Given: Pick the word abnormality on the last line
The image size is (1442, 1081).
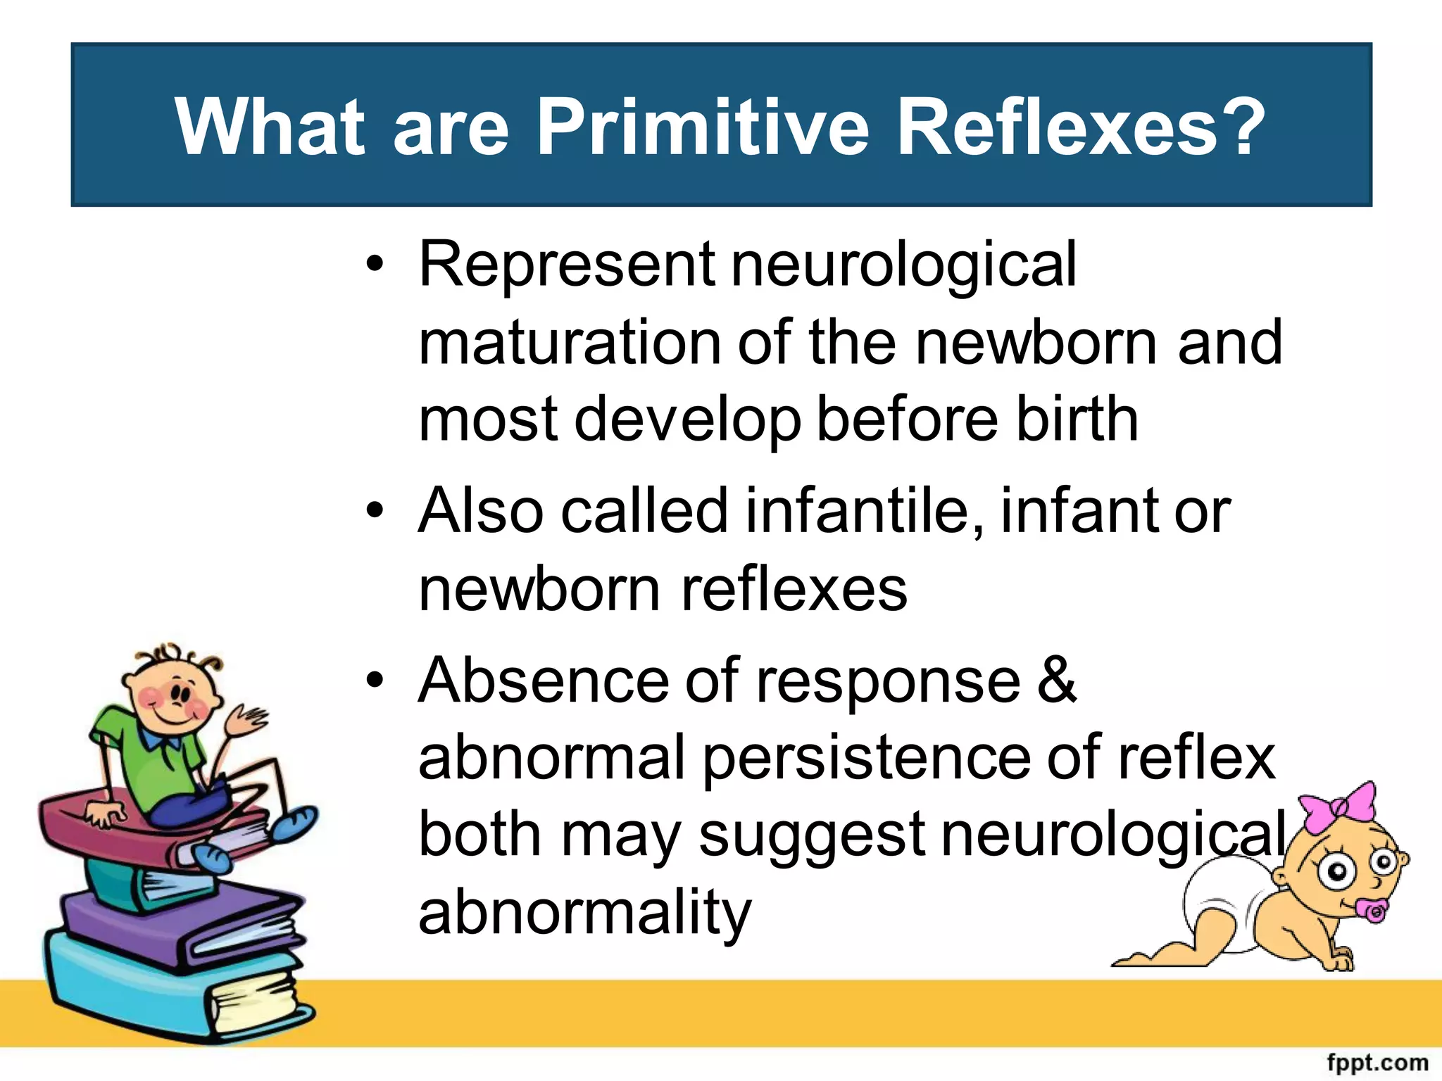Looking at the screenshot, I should coord(585,914).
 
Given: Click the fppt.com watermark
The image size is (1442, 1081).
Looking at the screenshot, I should coord(1377,1062).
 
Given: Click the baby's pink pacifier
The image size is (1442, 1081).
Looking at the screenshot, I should coord(1374,911).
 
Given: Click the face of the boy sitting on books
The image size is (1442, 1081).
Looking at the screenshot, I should coord(173,697).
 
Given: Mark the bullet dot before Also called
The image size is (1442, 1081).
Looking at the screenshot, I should coord(375,511).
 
